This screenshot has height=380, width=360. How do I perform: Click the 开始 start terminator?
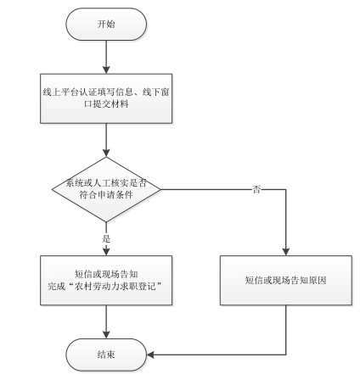click(x=106, y=24)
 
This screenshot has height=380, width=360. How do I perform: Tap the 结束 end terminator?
click(x=106, y=355)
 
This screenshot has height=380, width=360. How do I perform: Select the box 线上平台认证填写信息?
click(x=106, y=98)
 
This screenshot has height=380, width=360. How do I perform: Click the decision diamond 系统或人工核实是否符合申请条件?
click(x=106, y=189)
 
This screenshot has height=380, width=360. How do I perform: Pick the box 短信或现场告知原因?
click(x=286, y=280)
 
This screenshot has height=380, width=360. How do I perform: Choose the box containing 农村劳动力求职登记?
click(x=106, y=280)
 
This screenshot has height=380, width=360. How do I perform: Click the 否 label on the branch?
click(x=256, y=189)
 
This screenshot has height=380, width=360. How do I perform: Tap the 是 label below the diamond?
click(x=106, y=238)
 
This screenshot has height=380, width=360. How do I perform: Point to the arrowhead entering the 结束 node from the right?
click(x=150, y=355)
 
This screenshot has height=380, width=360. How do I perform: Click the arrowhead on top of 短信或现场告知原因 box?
click(x=286, y=252)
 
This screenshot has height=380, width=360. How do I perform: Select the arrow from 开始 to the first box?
click(x=106, y=57)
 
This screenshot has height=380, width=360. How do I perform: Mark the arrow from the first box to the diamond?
click(x=106, y=140)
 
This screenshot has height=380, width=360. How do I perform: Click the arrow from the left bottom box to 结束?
click(x=106, y=321)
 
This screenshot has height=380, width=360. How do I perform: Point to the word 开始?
click(x=106, y=24)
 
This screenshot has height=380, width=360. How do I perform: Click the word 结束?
click(x=106, y=355)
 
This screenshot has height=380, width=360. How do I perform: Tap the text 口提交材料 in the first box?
click(x=106, y=104)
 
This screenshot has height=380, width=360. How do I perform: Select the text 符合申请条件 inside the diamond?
click(x=106, y=195)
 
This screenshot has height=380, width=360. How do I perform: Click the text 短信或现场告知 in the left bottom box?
click(x=106, y=274)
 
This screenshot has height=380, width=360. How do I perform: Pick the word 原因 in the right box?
click(x=318, y=280)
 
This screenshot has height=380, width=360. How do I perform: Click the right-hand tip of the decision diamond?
click(x=160, y=189)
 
